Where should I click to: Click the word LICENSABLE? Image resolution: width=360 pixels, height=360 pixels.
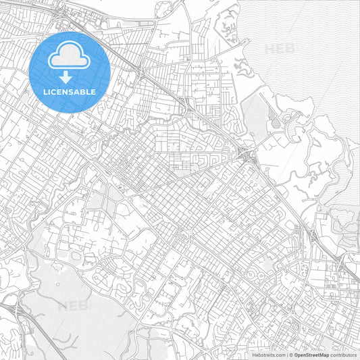coord(70,91)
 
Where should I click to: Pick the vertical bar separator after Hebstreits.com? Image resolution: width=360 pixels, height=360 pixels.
coord(286,354)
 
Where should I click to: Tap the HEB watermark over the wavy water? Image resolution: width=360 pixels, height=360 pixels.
coord(279,49)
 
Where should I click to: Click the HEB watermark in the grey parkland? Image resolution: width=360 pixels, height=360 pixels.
coord(73,306)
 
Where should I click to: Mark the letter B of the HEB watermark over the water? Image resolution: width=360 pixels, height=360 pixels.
coord(288,49)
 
